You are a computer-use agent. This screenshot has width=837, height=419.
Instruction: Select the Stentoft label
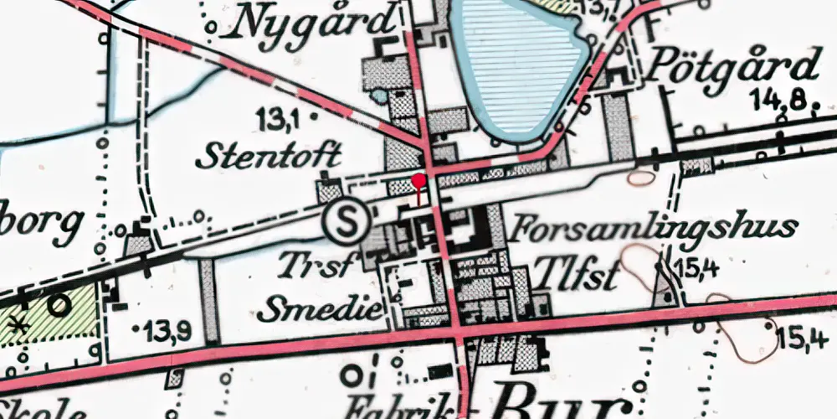coord(267,154)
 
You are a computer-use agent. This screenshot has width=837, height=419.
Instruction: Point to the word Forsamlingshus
coord(653,229)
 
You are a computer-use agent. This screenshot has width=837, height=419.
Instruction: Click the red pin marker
coord(418,179)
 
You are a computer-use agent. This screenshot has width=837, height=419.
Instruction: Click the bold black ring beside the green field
coord(59,304)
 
